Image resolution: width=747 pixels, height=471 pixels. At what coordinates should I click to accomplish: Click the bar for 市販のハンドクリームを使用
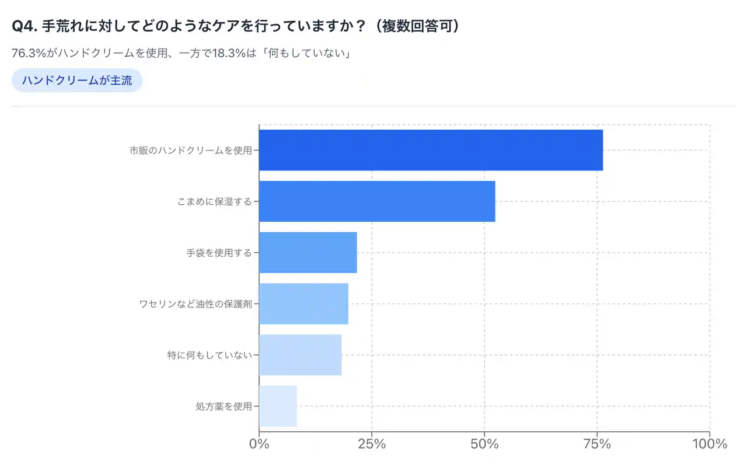point(431,150)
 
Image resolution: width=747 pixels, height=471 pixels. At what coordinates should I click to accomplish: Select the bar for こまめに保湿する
point(377,201)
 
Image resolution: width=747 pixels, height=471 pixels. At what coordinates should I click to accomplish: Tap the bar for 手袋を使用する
point(308,253)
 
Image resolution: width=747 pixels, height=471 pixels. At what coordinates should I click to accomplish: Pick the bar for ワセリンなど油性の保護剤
point(303,303)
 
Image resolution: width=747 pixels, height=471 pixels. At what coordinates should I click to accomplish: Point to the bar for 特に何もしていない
point(300,355)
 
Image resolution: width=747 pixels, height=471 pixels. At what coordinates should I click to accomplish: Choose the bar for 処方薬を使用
point(278,406)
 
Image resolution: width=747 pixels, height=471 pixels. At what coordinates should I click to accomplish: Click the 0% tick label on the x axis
point(259,444)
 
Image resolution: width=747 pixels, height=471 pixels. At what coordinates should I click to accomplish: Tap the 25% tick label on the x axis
point(372,444)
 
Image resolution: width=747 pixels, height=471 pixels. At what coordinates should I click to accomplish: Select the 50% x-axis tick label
point(484,444)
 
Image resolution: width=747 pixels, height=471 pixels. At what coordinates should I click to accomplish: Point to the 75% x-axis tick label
point(597,444)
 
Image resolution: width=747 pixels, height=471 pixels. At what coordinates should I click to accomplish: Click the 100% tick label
point(709,444)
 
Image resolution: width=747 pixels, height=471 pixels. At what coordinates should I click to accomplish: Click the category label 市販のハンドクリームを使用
point(191,151)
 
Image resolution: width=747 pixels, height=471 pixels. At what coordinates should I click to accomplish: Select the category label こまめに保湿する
point(214,202)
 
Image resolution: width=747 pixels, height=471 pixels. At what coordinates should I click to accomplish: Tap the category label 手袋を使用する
point(219,253)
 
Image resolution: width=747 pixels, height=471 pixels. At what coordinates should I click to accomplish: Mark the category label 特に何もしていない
point(210,355)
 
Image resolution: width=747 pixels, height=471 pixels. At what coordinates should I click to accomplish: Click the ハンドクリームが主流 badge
point(77,81)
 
